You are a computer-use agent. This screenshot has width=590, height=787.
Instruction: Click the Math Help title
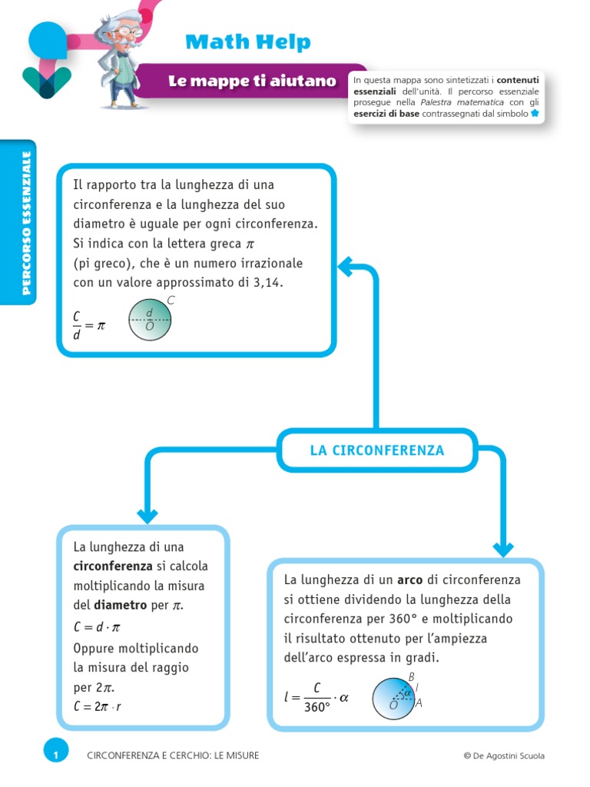[x=247, y=42]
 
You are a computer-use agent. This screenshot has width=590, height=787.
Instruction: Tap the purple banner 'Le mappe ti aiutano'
[x=253, y=81]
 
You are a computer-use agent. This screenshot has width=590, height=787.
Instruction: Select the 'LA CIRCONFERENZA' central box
[x=377, y=450]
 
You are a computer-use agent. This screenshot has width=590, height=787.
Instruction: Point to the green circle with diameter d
[x=149, y=319]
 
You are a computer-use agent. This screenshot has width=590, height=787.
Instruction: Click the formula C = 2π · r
[x=98, y=706]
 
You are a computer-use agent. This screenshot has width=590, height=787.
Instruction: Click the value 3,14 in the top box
[x=266, y=283]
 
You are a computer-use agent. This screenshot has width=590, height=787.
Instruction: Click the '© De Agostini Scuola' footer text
[x=504, y=755]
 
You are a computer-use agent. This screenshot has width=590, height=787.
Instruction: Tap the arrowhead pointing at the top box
[x=347, y=267]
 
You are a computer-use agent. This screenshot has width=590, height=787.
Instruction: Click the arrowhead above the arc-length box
[x=503, y=548]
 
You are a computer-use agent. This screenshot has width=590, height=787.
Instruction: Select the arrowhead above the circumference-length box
[x=147, y=515]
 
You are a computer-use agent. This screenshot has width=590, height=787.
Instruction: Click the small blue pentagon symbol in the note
[x=535, y=113]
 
